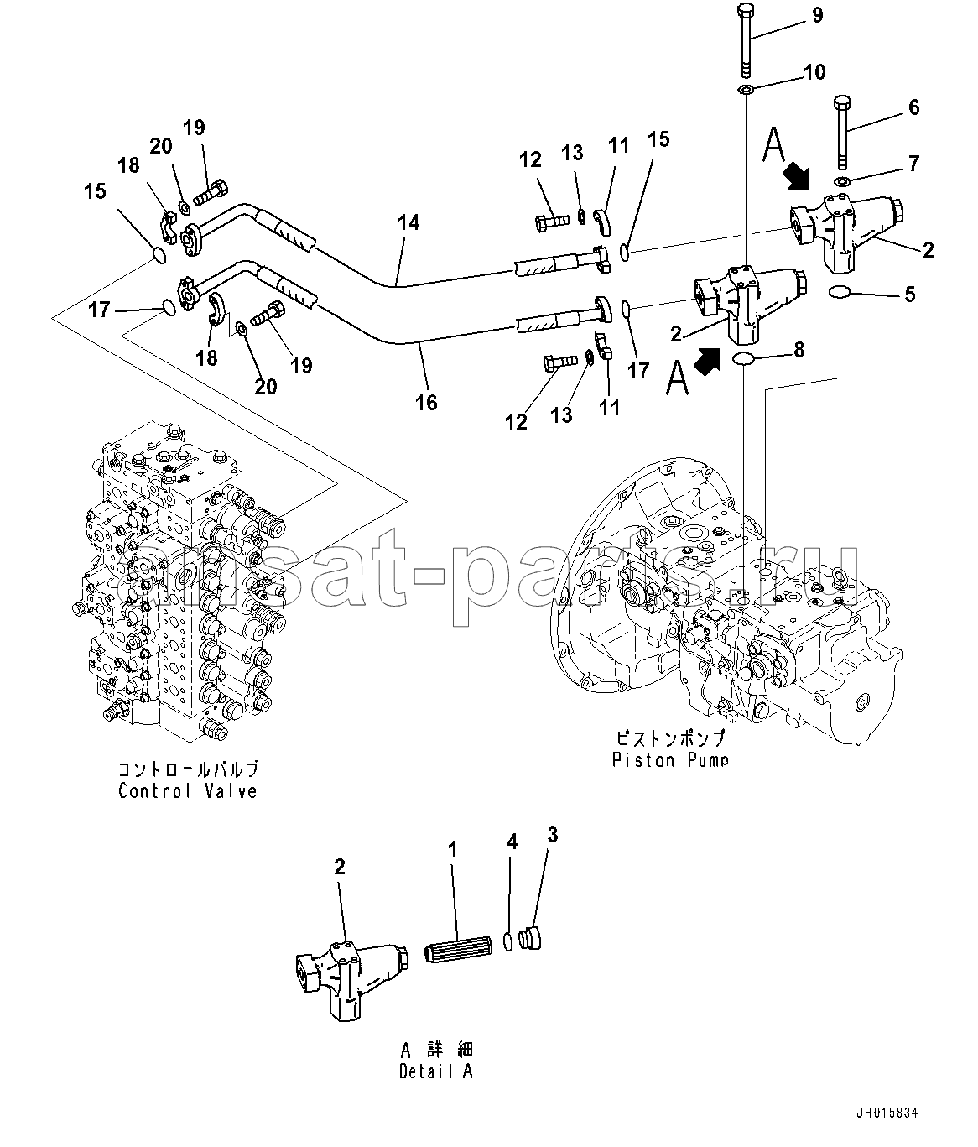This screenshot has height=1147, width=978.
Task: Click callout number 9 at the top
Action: click(817, 16)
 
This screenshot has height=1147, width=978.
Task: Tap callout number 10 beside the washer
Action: click(814, 71)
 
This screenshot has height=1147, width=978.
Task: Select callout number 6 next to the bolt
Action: click(913, 107)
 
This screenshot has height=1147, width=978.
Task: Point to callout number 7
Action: click(913, 163)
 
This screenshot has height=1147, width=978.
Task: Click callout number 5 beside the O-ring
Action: click(910, 295)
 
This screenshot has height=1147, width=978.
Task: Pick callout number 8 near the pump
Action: click(799, 350)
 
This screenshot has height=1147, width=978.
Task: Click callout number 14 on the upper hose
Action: click(408, 222)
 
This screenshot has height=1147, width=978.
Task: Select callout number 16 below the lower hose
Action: click(426, 403)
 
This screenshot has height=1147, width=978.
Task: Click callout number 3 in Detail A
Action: click(552, 835)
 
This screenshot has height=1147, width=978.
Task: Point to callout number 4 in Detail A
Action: click(512, 842)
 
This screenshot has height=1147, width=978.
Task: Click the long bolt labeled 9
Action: click(745, 42)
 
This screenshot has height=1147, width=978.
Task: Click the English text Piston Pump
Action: click(670, 759)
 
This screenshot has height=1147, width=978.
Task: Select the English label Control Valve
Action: click(188, 790)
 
